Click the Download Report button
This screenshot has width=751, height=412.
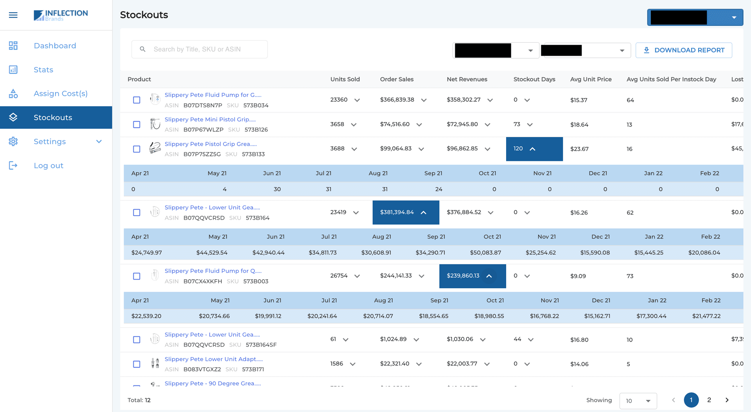click(x=684, y=50)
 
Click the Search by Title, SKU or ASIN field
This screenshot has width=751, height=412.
click(x=199, y=49)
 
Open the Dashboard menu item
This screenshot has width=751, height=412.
click(x=55, y=46)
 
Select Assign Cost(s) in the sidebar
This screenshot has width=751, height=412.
click(x=60, y=94)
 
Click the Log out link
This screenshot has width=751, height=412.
click(x=48, y=166)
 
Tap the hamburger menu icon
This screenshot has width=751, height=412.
click(x=13, y=15)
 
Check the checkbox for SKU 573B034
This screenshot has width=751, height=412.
click(x=137, y=100)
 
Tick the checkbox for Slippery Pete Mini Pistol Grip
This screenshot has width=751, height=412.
click(x=137, y=125)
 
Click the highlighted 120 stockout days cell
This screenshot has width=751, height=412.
click(x=534, y=149)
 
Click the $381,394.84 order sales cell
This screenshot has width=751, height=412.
click(x=405, y=212)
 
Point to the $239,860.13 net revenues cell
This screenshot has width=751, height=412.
click(x=472, y=276)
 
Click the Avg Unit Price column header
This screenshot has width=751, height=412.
click(x=591, y=79)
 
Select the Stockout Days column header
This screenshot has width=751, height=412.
click(x=534, y=79)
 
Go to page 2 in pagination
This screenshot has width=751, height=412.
click(x=709, y=400)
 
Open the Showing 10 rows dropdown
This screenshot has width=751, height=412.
click(x=638, y=401)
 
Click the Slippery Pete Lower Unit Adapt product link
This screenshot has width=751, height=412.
click(x=214, y=359)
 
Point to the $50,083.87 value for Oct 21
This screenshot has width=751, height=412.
click(x=485, y=253)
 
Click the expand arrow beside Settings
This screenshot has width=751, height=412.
click(x=99, y=141)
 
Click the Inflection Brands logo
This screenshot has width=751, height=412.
click(x=61, y=15)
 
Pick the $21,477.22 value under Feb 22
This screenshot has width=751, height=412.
click(x=706, y=316)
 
